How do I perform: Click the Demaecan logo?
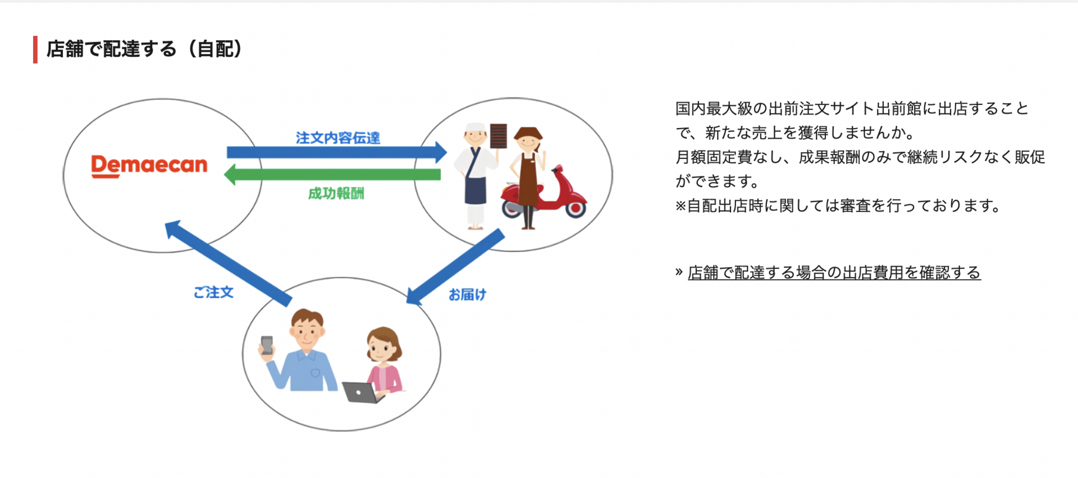click(149, 166)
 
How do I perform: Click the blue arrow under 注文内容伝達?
click(337, 152)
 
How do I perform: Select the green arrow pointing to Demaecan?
click(332, 174)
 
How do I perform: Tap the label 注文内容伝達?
click(338, 138)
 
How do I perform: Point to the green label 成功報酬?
click(336, 193)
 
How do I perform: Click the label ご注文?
click(213, 292)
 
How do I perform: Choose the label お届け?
click(467, 294)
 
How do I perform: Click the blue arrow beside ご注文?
click(228, 263)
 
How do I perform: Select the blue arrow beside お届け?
click(455, 266)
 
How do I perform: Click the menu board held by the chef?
click(499, 136)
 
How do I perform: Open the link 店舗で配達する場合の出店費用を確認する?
click(834, 273)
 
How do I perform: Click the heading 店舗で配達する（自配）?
click(145, 49)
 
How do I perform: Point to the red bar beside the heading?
click(35, 49)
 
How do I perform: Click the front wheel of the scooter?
click(575, 208)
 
